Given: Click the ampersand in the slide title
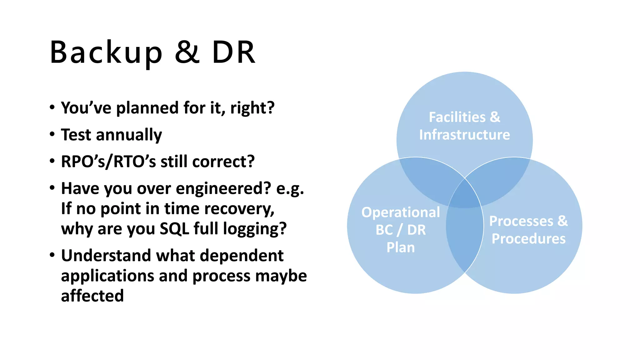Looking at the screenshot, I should pyautogui.click(x=187, y=52).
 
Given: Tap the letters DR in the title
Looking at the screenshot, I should pyautogui.click(x=234, y=52).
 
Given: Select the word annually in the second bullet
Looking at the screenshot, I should pyautogui.click(x=129, y=135).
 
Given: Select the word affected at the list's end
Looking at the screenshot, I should pyautogui.click(x=92, y=296).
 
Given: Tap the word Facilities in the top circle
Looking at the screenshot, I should pyautogui.click(x=457, y=117).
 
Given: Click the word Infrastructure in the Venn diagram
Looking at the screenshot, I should pyautogui.click(x=464, y=135).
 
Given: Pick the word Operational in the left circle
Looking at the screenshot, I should pyautogui.click(x=401, y=212).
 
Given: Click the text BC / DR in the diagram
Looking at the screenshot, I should pyautogui.click(x=401, y=230).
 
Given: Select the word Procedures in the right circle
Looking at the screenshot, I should pyautogui.click(x=528, y=239).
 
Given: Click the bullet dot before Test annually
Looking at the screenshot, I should pyautogui.click(x=52, y=134).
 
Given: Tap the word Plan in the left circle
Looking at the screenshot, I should pyautogui.click(x=401, y=247).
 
